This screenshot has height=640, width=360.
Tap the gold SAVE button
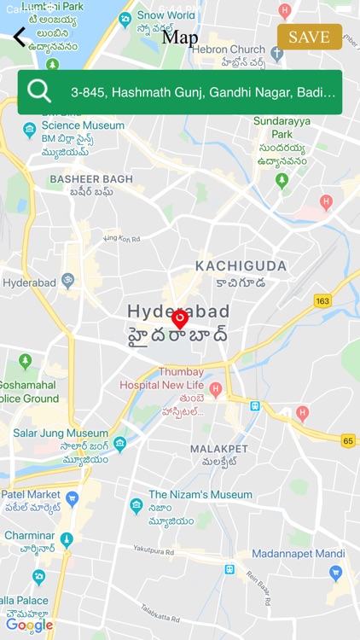coord(309,37)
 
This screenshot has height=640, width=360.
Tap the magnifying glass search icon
coord(39,91)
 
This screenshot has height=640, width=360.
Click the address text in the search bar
coord(203,92)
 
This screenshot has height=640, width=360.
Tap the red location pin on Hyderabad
coord(180,319)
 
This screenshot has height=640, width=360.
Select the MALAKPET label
coord(218,449)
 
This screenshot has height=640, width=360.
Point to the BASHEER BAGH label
coord(91,179)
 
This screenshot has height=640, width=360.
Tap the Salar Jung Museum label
coord(60,433)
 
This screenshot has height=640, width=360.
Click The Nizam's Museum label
coord(200,494)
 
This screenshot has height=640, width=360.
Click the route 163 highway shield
coord(322,300)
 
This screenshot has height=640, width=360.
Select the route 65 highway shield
coord(347,440)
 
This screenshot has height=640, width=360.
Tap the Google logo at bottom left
coord(29,625)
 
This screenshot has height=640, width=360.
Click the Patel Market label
coord(31,494)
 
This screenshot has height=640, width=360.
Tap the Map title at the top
coord(180,38)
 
